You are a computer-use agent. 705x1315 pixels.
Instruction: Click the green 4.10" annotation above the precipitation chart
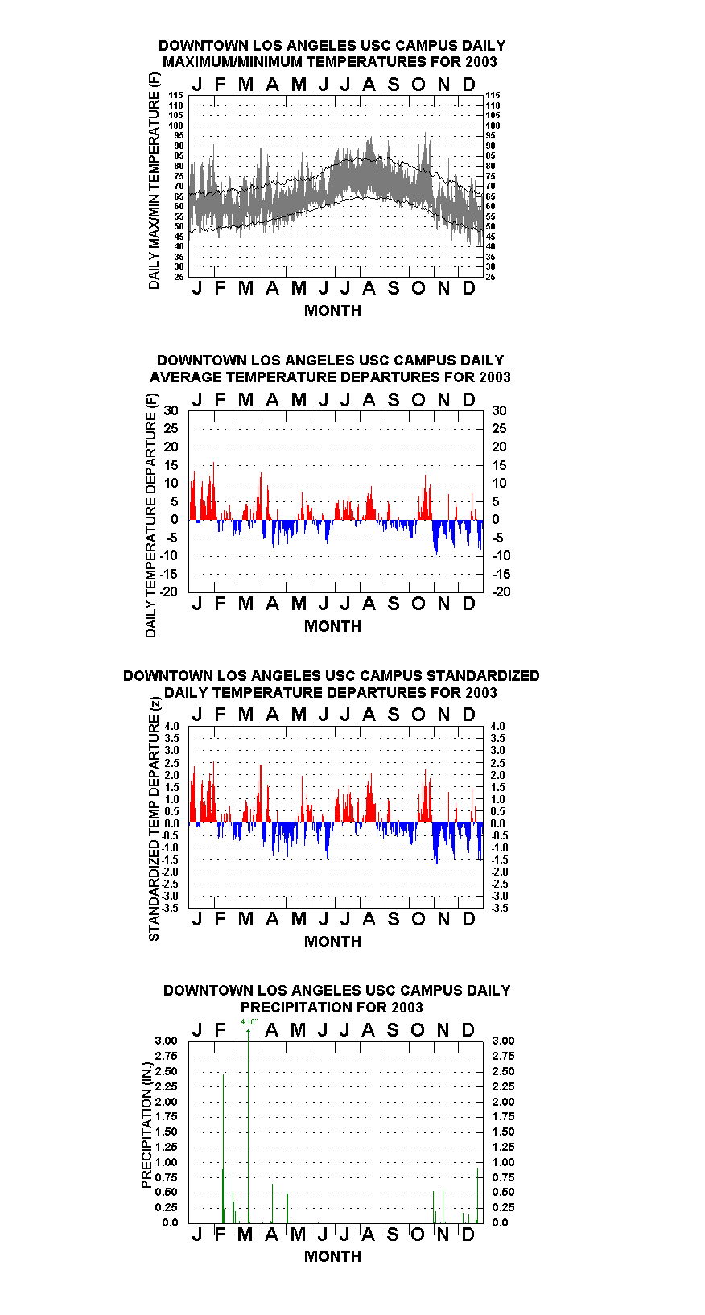click(249, 1022)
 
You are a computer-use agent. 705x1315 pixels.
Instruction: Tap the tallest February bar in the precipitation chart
click(224, 1148)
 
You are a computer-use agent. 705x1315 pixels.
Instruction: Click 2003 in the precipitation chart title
click(407, 1008)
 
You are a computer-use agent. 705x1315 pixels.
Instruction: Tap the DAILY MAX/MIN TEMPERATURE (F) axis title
click(154, 181)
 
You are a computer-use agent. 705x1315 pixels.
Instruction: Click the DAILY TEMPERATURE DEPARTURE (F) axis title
click(150, 515)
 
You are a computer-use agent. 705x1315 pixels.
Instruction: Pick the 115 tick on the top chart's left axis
click(175, 95)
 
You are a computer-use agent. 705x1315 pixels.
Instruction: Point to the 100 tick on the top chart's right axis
click(493, 126)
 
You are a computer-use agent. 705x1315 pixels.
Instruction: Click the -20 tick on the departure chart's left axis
click(169, 592)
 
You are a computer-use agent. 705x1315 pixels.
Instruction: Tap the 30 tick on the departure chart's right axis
click(500, 411)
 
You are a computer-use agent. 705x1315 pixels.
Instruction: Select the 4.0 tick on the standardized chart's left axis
click(171, 726)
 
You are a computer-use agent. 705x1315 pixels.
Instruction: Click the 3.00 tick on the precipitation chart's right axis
click(503, 1041)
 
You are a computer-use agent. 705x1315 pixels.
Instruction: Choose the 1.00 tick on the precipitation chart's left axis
click(166, 1162)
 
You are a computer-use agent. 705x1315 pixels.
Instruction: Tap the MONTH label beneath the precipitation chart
click(332, 1256)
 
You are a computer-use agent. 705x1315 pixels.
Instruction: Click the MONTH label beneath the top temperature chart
click(332, 311)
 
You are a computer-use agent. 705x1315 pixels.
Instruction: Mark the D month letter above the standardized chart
click(468, 715)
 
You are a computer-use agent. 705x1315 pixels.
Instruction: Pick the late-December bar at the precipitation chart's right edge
click(478, 1195)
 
